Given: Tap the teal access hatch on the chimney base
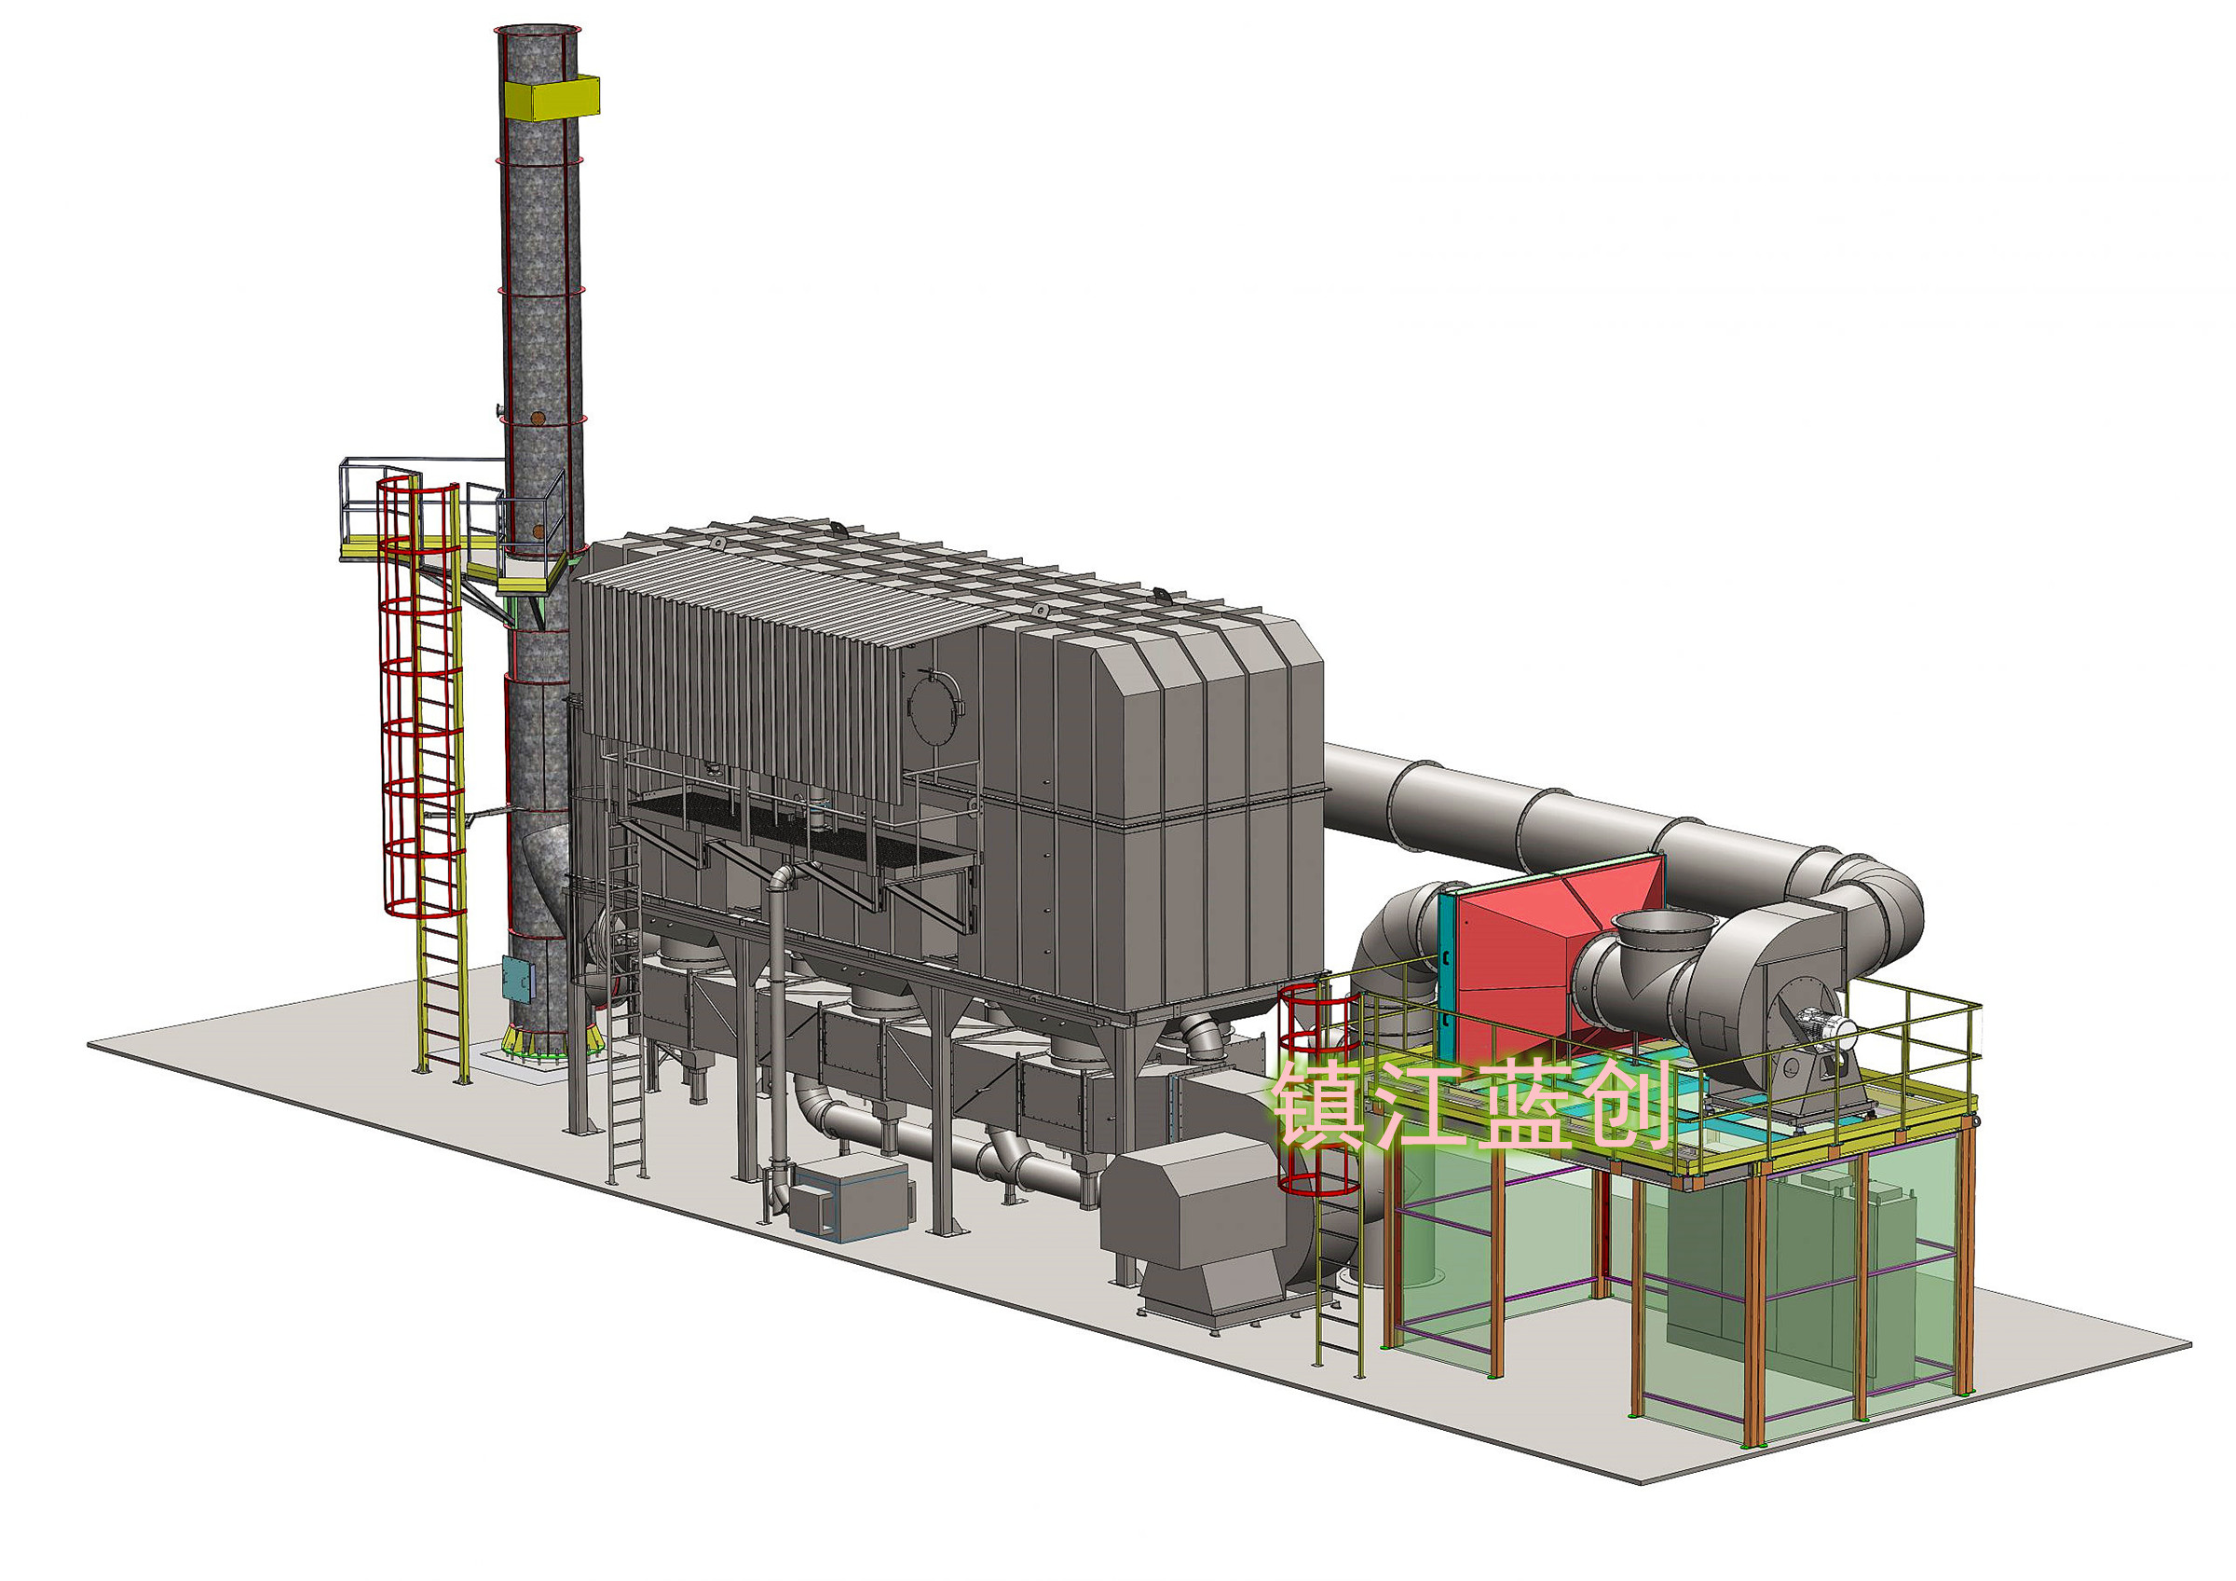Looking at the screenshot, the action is coord(518,979).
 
